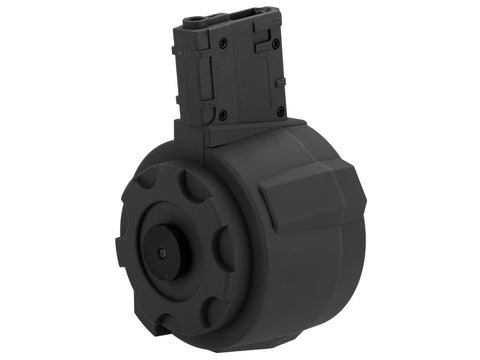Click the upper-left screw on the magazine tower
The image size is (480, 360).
222,44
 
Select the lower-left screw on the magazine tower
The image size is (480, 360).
222,116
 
